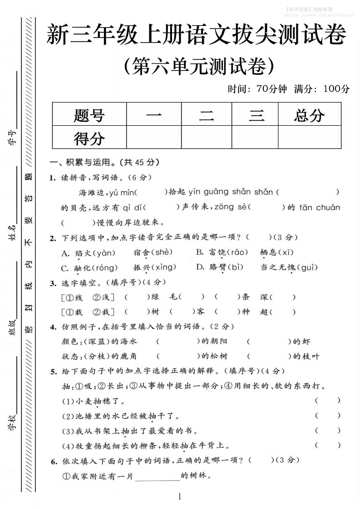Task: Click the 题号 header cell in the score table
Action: click(x=89, y=115)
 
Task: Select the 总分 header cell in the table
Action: click(x=309, y=115)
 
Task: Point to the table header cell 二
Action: click(x=207, y=115)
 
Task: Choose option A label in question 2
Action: click(x=64, y=253)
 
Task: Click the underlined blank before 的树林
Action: click(x=157, y=476)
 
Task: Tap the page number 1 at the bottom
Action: click(x=180, y=496)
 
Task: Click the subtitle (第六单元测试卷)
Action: click(x=199, y=66)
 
